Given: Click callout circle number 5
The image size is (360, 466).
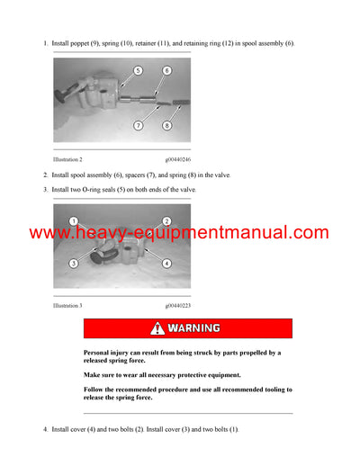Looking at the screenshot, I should [x=138, y=70].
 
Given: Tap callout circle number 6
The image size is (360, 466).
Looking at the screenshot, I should [x=167, y=70].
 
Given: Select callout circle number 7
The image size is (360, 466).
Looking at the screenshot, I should [x=138, y=125].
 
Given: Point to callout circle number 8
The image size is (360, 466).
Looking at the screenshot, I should [x=167, y=125].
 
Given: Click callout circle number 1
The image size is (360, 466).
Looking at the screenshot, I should [x=74, y=221].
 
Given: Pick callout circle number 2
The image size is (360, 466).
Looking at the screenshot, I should [x=166, y=221].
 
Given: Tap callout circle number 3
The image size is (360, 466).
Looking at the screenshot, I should [x=74, y=263].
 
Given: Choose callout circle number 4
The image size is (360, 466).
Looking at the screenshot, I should [x=166, y=263].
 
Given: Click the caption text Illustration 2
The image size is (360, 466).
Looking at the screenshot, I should [x=68, y=158].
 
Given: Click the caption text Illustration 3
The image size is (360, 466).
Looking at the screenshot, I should [x=68, y=306].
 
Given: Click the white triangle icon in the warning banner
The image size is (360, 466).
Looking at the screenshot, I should [x=158, y=328].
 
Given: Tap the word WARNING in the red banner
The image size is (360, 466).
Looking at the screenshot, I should [x=193, y=328].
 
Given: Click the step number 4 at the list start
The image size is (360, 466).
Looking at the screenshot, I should [x=46, y=430].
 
